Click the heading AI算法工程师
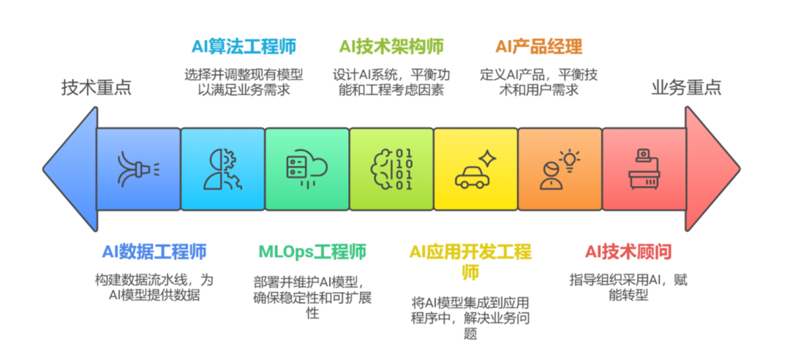(x=244, y=47)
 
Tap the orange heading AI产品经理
(x=539, y=47)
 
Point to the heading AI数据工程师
(x=154, y=251)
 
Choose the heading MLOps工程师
(x=312, y=251)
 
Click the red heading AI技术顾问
(x=628, y=251)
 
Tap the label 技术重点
(x=97, y=88)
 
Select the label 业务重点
(x=686, y=88)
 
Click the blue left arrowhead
(x=70, y=169)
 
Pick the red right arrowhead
(x=712, y=169)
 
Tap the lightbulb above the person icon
(x=569, y=160)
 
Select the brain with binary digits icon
(x=391, y=169)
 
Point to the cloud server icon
(x=306, y=168)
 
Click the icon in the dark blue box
(x=138, y=169)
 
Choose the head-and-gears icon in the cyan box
(x=222, y=169)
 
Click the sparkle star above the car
(x=486, y=158)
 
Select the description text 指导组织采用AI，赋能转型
(x=628, y=288)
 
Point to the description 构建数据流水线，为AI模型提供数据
(x=154, y=288)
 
